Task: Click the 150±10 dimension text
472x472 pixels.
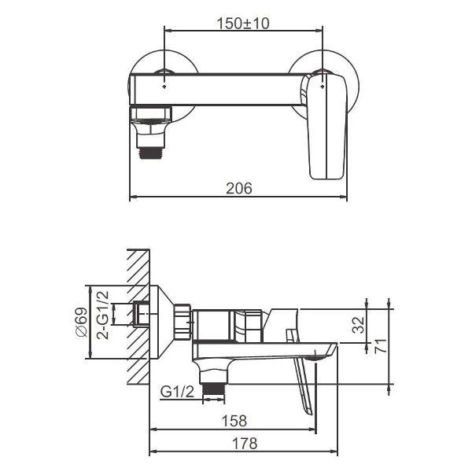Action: pos(242,24)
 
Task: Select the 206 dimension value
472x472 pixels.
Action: pos(238,188)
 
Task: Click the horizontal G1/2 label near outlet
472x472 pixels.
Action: pos(177,391)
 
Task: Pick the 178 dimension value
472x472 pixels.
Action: pos(244,444)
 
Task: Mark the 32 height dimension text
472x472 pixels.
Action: pos(359,326)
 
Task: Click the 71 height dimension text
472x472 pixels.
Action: pos(382,345)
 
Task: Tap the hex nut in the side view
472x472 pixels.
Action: pos(183,321)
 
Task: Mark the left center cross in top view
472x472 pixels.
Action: pos(164,78)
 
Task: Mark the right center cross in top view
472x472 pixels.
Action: pos(323,78)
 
